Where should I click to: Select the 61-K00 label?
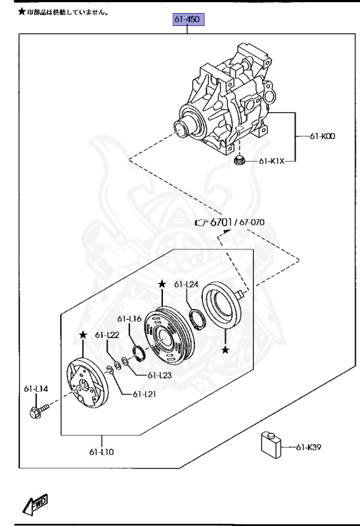[322, 136]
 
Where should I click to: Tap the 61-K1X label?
[272, 161]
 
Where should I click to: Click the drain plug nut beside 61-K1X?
[239, 161]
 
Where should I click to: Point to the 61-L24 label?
[186, 284]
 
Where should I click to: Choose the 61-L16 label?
[129, 318]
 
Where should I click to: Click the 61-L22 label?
[107, 335]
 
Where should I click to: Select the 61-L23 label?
[159, 375]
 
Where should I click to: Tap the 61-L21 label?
[144, 394]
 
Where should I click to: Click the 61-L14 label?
[36, 389]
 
